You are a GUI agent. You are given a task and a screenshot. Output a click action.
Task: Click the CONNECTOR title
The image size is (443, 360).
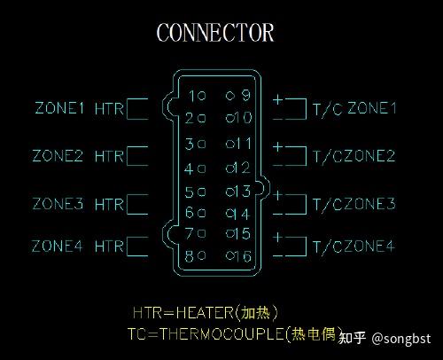click(x=215, y=32)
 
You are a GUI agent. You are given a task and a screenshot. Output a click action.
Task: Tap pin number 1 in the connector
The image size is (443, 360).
click(x=192, y=96)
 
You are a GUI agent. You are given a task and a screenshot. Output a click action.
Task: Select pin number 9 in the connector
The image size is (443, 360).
click(x=245, y=95)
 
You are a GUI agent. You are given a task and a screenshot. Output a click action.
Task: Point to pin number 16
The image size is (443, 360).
click(x=244, y=256)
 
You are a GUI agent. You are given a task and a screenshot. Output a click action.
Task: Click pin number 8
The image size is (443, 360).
click(x=190, y=256)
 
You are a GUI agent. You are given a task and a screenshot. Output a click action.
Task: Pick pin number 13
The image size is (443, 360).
click(x=243, y=192)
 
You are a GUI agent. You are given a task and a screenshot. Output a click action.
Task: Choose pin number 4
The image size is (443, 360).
click(x=189, y=168)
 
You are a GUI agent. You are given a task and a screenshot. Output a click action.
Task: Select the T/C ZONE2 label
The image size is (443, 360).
click(x=354, y=156)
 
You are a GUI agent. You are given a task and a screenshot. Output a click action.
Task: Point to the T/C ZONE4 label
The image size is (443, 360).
click(x=354, y=247)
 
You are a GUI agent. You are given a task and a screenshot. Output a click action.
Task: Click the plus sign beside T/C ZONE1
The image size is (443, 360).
click(x=278, y=99)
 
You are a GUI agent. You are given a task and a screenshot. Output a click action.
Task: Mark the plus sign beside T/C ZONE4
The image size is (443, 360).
click(x=278, y=237)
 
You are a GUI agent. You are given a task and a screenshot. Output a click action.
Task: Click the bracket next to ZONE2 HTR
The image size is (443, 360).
click(x=128, y=156)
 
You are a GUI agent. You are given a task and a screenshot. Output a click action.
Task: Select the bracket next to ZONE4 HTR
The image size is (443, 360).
click(x=128, y=247)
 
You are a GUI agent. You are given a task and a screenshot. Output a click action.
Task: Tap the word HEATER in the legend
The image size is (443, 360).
click(x=205, y=312)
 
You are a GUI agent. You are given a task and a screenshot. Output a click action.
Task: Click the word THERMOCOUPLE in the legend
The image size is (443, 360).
click(x=222, y=333)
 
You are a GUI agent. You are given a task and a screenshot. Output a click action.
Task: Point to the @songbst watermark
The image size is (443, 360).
click(x=401, y=339)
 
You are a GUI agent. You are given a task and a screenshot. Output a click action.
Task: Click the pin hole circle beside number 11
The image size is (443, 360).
click(x=229, y=144)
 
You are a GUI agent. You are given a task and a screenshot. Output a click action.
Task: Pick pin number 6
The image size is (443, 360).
click(x=190, y=213)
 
